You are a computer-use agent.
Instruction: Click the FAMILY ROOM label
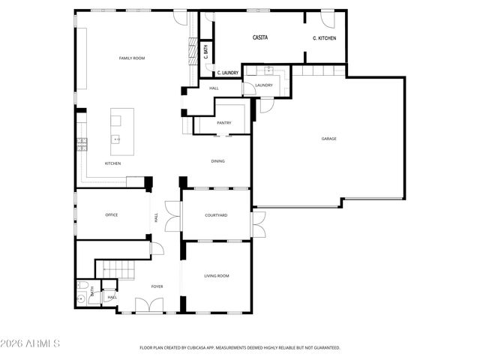131,58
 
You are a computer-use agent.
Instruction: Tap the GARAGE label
328,139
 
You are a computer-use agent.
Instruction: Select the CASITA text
259,37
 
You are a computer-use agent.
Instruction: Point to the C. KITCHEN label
324,37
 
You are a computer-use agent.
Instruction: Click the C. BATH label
205,52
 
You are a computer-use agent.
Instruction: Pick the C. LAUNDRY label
228,73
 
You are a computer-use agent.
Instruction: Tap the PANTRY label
223,122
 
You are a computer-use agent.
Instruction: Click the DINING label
217,160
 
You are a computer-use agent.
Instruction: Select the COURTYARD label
216,215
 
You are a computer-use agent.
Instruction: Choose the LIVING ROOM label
217,275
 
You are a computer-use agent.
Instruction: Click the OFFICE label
111,215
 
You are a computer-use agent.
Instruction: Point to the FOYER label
157,286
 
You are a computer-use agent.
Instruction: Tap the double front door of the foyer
147,306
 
